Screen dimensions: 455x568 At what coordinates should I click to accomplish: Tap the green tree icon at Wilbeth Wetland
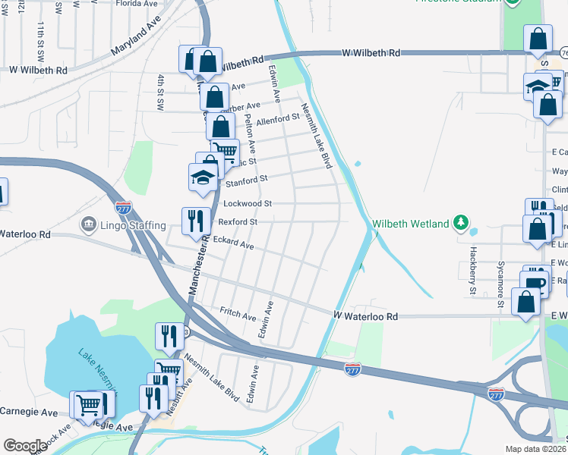coord(459,223)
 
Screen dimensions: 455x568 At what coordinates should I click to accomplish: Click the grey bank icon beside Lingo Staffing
coord(87,225)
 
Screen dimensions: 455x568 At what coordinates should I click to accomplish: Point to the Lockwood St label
coord(247,203)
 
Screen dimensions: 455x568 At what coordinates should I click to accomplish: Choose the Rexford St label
coord(238,222)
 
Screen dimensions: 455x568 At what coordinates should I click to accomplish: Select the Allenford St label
coord(278,120)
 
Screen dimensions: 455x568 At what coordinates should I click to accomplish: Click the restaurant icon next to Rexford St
coord(195,221)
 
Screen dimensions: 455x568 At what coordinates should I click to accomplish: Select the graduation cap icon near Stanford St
coord(203,177)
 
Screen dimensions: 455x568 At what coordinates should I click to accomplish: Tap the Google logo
coord(25,446)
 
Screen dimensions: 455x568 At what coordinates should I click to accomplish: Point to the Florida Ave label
coord(140,3)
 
